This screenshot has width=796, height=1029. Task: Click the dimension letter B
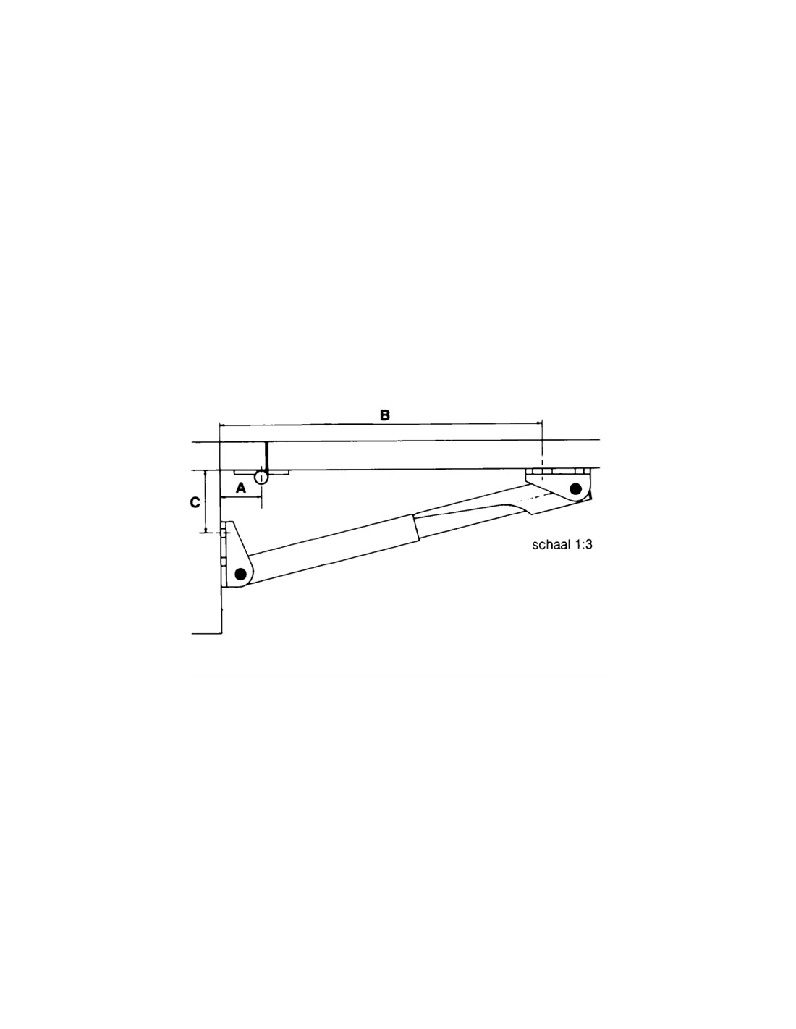point(385,415)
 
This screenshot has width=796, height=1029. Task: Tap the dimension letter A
point(241,488)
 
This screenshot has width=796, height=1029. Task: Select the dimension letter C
point(195,502)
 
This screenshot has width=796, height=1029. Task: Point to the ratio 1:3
point(584,545)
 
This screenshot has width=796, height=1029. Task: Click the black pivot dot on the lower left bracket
point(241,574)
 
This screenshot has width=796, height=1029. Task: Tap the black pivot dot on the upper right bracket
point(576,488)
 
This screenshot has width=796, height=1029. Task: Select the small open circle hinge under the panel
point(261,477)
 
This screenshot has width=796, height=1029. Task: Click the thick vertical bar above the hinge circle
point(267,457)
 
